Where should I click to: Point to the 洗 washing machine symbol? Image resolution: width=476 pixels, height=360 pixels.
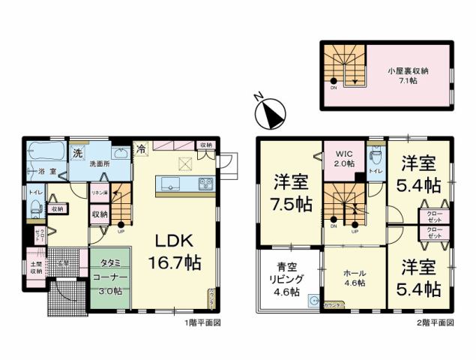pyautogui.click(x=78, y=154)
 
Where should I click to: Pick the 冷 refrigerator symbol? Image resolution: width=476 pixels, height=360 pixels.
pyautogui.click(x=141, y=150)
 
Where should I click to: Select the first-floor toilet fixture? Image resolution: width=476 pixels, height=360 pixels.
pyautogui.click(x=37, y=208)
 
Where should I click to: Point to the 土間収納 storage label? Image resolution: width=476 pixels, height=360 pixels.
pyautogui.click(x=37, y=268)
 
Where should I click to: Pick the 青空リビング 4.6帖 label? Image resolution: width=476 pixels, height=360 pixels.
pyautogui.click(x=286, y=278)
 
